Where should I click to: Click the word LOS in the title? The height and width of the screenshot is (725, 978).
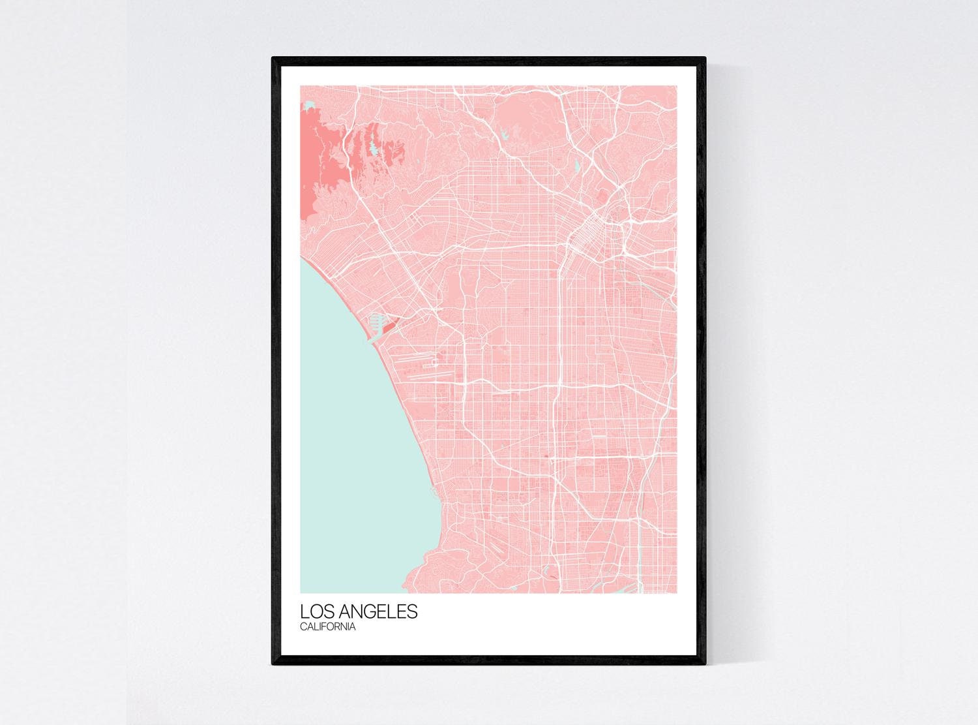coord(315,612)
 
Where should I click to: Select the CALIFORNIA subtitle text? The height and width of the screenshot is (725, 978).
coord(328,627)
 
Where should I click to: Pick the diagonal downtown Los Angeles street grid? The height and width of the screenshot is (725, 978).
coord(585,233)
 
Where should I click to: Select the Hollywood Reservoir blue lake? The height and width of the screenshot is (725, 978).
coord(505,137)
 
